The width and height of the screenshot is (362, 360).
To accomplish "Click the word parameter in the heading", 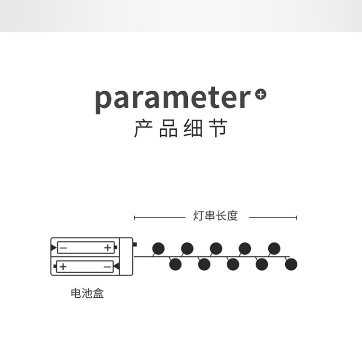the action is point(173,98).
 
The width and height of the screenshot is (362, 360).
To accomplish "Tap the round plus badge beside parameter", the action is point(261,94).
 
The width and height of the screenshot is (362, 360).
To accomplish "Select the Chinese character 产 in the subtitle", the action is point(143,129).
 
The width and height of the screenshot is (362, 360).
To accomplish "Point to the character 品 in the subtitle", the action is point(168,129).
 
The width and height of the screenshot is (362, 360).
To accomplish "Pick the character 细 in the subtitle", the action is point(193,129).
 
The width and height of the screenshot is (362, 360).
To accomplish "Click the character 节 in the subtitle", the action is point(219,129).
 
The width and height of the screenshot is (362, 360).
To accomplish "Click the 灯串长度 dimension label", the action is point(216,216).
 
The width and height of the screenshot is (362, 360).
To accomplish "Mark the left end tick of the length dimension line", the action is point(135,218).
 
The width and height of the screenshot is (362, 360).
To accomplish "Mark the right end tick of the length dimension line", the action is point(296,218).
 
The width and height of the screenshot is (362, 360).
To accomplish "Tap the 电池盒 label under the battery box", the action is point(87,293).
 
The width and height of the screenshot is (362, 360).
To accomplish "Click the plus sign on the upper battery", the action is point(108,248).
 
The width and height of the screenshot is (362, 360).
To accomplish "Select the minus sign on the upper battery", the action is point(63,248).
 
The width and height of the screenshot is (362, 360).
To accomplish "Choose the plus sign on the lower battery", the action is point(63,266).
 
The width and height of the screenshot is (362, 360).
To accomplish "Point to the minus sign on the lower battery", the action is point(107,266).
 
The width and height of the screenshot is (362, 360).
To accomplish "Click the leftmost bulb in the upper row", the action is point(158,249).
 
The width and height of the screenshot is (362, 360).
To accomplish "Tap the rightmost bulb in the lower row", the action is point(291,264).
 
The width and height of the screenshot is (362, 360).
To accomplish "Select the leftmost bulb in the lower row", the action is point(175,264).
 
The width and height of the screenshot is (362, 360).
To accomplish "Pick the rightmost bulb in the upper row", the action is point(274,249).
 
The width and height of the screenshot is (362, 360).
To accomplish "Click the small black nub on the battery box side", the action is point(135,244).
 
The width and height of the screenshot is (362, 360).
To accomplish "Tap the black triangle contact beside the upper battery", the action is point(53,248).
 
